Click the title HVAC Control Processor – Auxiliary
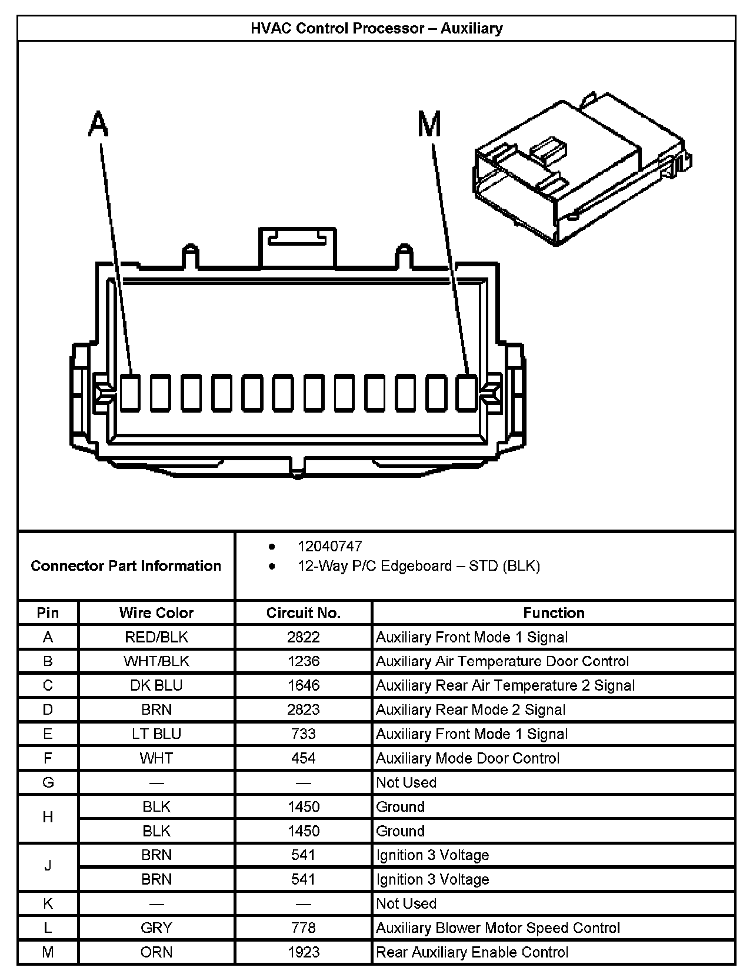(376, 28)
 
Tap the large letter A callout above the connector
(99, 125)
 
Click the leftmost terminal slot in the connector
(130, 392)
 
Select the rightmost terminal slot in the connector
(467, 392)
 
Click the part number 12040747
(329, 547)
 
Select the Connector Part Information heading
(126, 566)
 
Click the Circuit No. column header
(303, 613)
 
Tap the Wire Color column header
(156, 613)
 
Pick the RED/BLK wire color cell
(156, 637)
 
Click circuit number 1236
(303, 661)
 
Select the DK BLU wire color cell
(156, 685)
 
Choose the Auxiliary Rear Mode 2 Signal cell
(471, 710)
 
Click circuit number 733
(303, 734)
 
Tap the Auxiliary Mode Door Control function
(468, 758)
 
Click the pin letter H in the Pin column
(48, 818)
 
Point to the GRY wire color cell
(156, 928)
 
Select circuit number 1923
(303, 952)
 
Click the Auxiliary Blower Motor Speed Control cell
(498, 928)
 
